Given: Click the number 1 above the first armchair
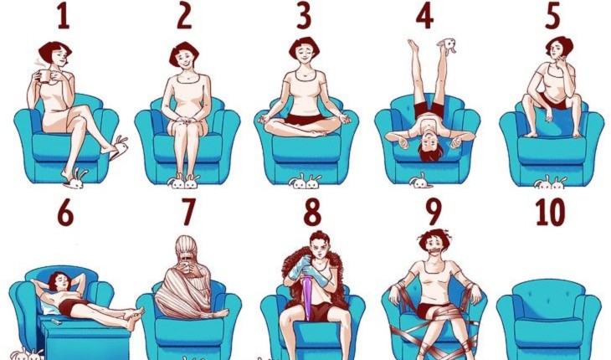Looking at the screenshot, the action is click(x=64, y=18).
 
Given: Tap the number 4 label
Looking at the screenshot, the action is click(x=424, y=18).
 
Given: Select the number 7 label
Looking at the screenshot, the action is click(x=188, y=212).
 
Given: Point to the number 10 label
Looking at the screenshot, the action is click(x=550, y=212).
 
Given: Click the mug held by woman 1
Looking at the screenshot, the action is click(x=44, y=75).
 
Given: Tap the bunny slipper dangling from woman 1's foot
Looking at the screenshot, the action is click(x=119, y=147).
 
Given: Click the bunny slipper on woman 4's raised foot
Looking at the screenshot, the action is click(x=447, y=45).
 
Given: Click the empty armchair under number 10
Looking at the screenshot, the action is click(x=549, y=318).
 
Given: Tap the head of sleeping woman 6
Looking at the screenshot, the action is click(x=59, y=280).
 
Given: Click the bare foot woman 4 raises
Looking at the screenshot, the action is click(x=413, y=46).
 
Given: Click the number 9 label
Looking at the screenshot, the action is click(x=433, y=212).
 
